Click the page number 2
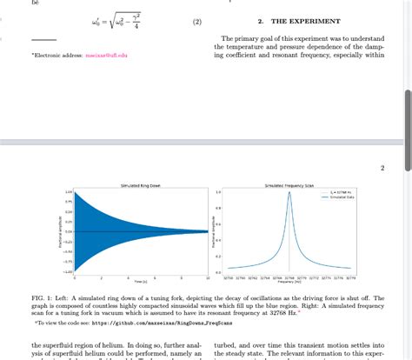[x=382, y=168]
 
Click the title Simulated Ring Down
[x=140, y=186]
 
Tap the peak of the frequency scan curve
[x=289, y=193]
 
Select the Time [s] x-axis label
[x=140, y=282]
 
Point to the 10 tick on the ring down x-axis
[x=207, y=277]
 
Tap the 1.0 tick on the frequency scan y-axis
[x=218, y=192]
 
